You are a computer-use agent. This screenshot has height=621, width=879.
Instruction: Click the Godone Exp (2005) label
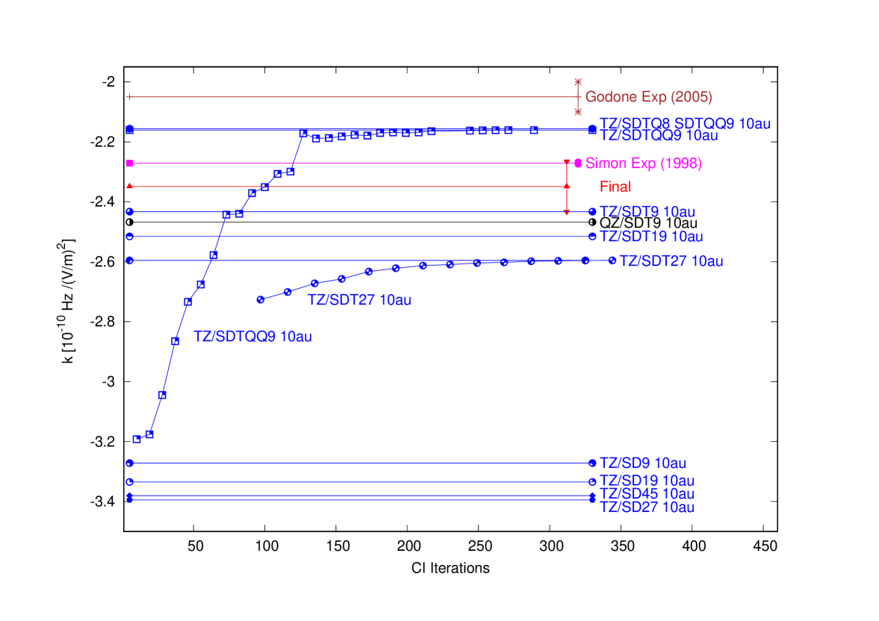point(648,97)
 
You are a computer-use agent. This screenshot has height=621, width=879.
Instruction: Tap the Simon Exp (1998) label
point(643,163)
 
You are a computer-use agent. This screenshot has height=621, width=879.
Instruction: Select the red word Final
point(615,187)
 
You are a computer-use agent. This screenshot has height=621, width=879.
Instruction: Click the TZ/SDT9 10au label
point(647,212)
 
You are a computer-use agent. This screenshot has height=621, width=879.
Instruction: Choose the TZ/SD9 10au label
point(642,463)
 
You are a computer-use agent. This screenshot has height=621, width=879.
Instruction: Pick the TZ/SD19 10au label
point(647,481)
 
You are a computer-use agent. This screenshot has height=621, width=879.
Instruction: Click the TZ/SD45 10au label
point(647,494)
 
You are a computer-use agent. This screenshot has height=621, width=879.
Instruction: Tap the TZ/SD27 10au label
point(647,508)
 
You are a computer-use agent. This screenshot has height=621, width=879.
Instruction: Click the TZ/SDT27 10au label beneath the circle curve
point(359,300)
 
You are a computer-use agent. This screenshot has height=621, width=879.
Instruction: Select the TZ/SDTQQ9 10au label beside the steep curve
point(252,337)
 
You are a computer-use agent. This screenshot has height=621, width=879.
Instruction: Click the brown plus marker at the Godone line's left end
point(130,97)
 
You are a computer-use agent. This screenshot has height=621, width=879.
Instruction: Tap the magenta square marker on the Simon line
point(130,163)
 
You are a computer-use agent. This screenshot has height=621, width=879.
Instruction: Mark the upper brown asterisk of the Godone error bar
point(577,81)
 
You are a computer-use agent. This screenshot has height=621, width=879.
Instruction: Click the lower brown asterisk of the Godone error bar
point(577,112)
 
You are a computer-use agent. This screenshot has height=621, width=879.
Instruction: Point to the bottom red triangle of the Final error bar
point(566,213)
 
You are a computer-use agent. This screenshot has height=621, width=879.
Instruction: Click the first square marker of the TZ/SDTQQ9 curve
point(137,439)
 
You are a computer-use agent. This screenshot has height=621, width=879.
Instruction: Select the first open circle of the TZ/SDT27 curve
point(261,299)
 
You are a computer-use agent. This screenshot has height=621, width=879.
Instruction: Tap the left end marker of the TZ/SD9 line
point(130,463)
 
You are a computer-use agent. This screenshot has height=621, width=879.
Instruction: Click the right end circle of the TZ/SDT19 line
point(592,237)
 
